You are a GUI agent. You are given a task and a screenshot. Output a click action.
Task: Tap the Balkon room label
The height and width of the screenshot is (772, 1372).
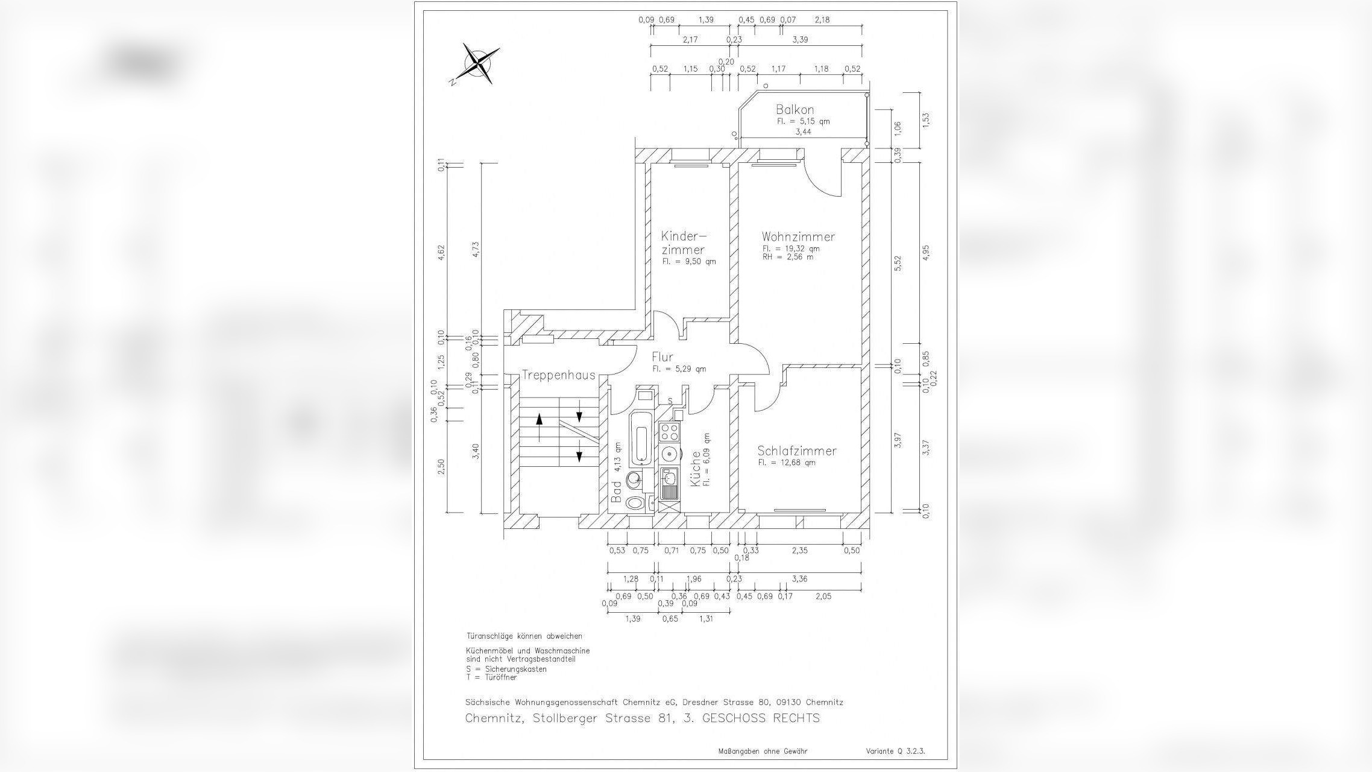(x=795, y=110)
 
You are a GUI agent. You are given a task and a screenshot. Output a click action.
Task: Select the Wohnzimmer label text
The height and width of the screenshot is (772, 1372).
(x=798, y=236)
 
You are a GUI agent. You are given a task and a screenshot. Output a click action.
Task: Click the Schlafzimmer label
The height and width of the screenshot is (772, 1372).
(x=797, y=451)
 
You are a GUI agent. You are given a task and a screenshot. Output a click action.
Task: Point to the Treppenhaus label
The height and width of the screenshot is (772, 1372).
(x=550, y=375)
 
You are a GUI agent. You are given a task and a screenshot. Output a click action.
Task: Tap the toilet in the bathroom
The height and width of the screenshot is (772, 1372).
(x=635, y=503)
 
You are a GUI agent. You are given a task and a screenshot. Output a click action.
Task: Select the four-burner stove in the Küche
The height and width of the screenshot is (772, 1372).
(x=669, y=432)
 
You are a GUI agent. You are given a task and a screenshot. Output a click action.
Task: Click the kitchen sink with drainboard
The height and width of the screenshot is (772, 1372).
(x=669, y=484)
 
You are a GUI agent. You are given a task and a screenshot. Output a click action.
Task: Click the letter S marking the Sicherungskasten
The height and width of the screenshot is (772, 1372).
(x=670, y=401)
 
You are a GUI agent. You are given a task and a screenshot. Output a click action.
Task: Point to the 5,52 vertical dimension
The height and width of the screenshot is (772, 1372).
(x=898, y=264)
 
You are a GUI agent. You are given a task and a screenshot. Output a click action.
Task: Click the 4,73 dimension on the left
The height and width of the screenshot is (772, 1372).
(x=476, y=249)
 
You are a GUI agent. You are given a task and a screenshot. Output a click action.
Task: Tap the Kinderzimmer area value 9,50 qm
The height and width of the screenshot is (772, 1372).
(x=689, y=262)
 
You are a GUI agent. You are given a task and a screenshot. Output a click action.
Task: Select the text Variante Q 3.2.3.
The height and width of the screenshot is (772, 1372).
(x=895, y=751)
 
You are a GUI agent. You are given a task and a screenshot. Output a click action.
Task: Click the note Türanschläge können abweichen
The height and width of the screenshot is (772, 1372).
(x=524, y=636)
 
